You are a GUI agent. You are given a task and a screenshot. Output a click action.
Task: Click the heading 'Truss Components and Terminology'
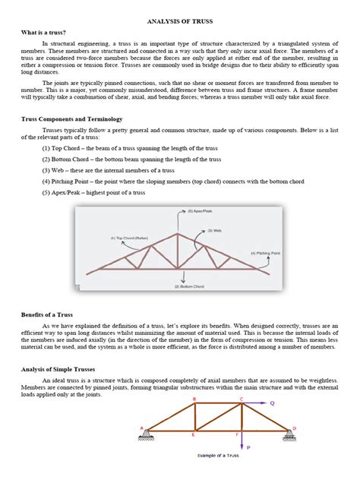(x=73, y=120)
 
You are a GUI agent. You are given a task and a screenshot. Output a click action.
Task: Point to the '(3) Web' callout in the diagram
(x=214, y=230)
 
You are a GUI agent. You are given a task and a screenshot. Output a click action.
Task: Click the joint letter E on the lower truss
(x=194, y=435)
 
